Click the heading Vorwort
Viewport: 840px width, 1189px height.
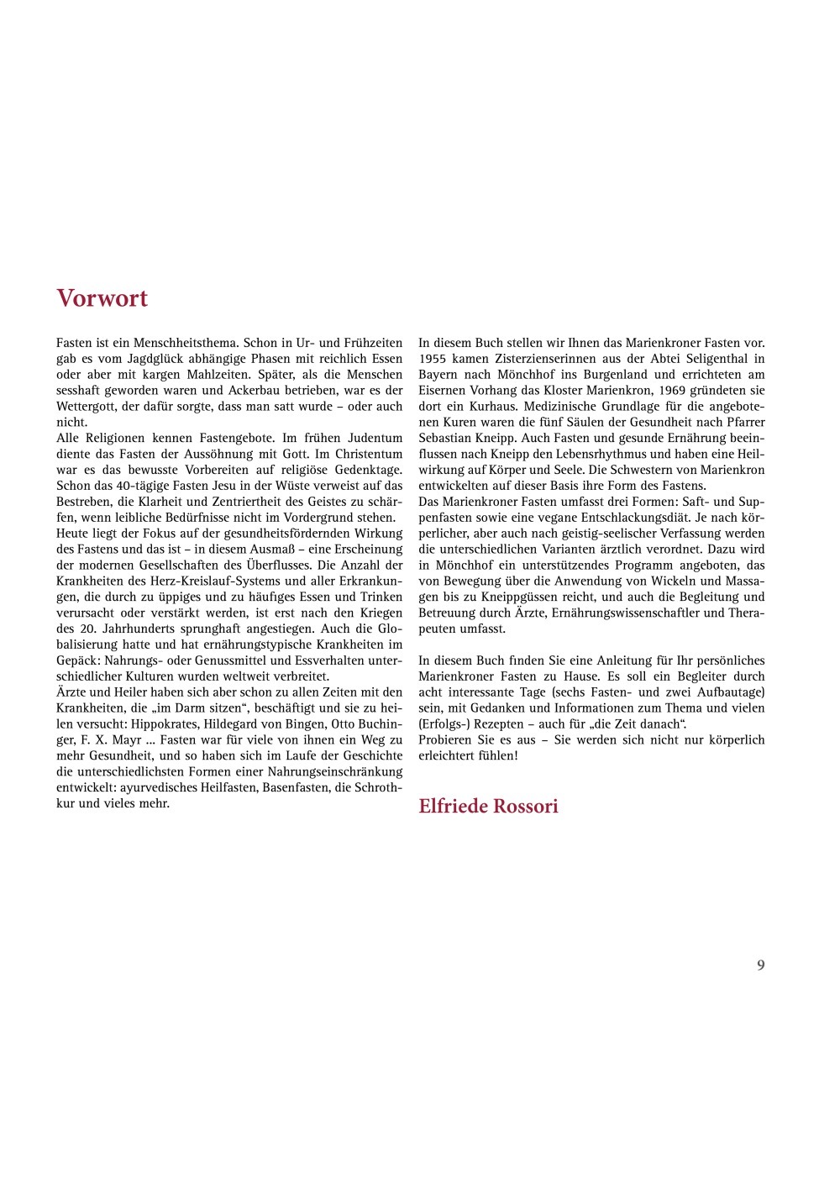click(x=102, y=298)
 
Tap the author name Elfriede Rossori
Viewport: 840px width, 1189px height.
click(x=488, y=807)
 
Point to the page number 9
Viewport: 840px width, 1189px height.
click(x=761, y=965)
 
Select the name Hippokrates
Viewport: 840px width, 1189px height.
click(x=165, y=724)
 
